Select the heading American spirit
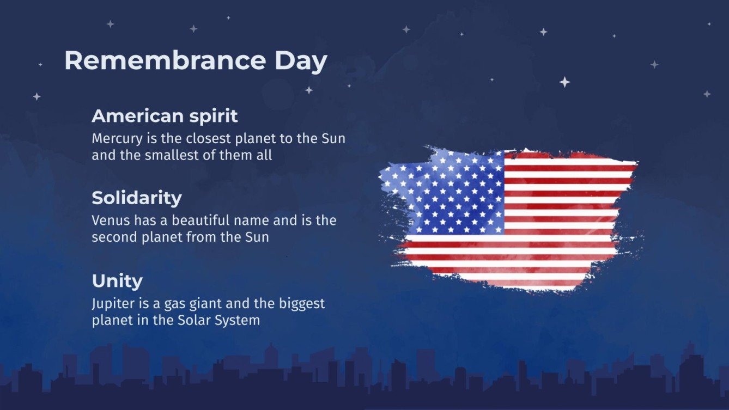(165, 116)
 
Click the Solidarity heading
(136, 198)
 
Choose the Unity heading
(117, 281)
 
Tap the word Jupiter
(110, 303)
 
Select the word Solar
(192, 320)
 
